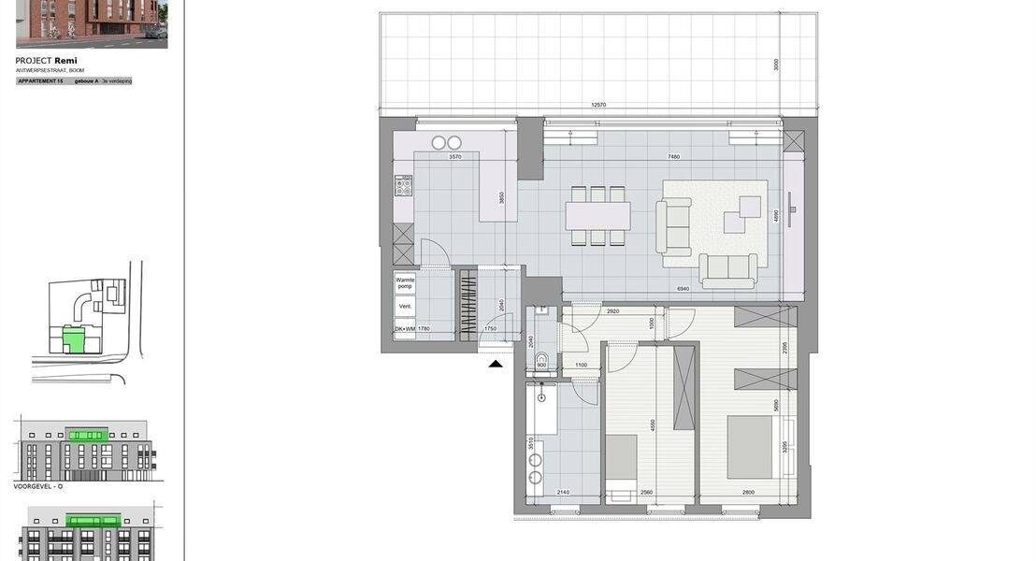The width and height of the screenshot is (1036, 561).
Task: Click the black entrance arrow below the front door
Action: [x=496, y=363]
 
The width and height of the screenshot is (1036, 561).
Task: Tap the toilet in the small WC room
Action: [x=540, y=367]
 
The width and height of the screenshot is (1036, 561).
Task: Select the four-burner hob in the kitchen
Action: [x=404, y=186]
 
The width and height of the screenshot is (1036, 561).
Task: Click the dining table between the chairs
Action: [x=597, y=215]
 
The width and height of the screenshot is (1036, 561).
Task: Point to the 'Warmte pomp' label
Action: [x=405, y=282]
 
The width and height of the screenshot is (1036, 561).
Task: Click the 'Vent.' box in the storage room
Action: [x=405, y=306]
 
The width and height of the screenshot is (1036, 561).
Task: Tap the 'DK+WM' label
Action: [x=404, y=329]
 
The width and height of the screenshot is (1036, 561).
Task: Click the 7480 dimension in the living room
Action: [x=673, y=156]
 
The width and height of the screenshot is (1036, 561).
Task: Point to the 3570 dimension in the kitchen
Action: [x=455, y=157]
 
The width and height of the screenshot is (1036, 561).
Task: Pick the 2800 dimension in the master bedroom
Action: [x=748, y=493]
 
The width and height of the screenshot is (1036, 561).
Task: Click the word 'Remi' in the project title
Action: [x=65, y=61]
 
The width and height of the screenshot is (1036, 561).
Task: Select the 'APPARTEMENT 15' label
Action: [x=40, y=81]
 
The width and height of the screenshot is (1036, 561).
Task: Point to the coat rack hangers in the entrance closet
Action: [x=466, y=304]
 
